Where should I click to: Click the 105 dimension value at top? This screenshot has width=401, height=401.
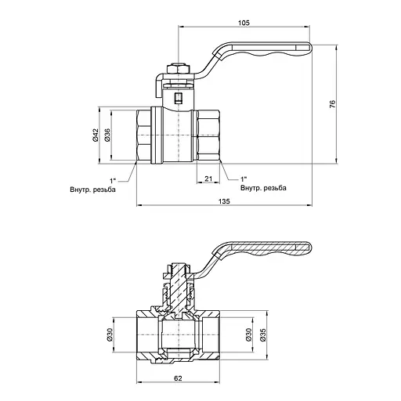244,23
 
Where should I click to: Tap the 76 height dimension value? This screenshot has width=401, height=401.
332,104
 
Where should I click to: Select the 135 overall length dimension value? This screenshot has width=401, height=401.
224,201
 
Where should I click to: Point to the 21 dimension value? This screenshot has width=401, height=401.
208,179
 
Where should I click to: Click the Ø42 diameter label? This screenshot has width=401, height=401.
96,135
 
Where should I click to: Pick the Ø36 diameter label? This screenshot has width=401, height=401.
107,135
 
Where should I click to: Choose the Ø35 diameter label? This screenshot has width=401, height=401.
263,334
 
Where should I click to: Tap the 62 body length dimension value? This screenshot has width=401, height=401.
178,378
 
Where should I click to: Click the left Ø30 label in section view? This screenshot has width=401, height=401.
109,334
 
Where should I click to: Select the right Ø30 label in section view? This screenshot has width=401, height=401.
248,334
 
